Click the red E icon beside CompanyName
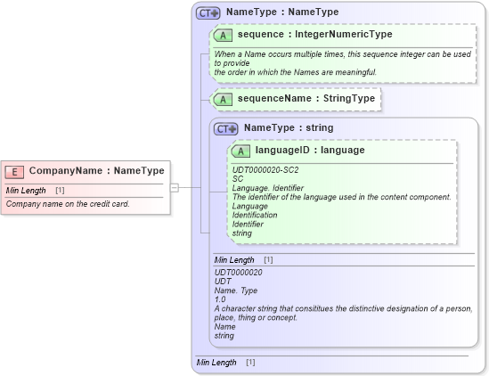tap(15, 171)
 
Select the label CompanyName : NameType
tap(96, 171)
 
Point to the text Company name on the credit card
tap(68, 204)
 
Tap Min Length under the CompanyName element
tap(26, 191)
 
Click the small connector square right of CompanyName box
tap(175, 187)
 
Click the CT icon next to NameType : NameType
tap(208, 13)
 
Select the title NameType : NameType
tap(281, 12)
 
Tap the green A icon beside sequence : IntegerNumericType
tap(223, 36)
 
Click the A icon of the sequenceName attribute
tap(223, 99)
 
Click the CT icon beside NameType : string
tap(226, 129)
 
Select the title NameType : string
tap(288, 128)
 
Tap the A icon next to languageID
tap(240, 151)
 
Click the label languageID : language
tap(309, 151)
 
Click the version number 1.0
tap(220, 299)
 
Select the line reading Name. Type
tap(234, 290)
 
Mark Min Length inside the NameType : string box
tap(234, 259)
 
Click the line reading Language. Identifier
tap(268, 188)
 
